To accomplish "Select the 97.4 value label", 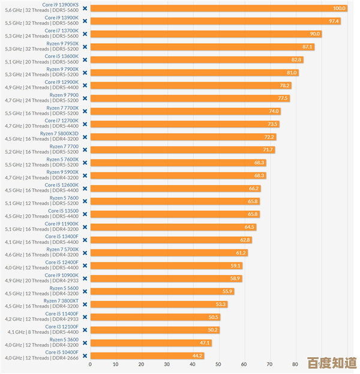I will (x=334, y=21).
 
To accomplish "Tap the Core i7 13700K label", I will (x=61, y=31).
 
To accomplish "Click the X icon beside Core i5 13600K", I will (x=85, y=60).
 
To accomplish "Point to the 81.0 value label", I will (x=292, y=73).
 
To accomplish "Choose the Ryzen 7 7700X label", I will (x=64, y=108).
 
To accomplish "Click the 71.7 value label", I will (x=268, y=150).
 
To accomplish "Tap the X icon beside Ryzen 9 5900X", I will (x=85, y=176).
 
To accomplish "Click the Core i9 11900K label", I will (x=61, y=224).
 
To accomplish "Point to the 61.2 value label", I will (x=241, y=253).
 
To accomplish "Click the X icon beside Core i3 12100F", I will (x=85, y=330).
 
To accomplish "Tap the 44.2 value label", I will (x=197, y=356).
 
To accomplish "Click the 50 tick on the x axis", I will (x=218, y=364).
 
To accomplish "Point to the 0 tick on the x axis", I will (x=91, y=364).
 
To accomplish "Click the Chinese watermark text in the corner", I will (x=332, y=363).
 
